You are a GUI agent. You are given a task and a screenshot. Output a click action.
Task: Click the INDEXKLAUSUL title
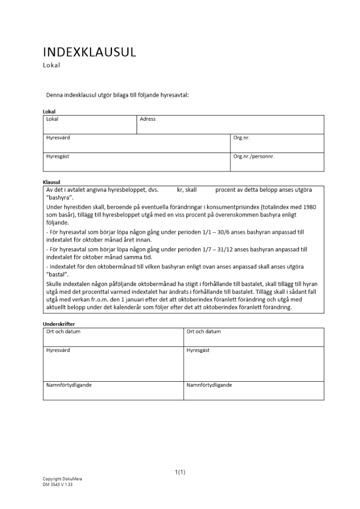coord(90,52)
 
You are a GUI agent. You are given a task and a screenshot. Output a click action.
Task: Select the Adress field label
coord(148,119)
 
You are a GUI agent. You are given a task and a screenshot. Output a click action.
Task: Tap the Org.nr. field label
coord(241,138)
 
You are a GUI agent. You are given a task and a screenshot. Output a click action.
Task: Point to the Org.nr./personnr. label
coord(254,157)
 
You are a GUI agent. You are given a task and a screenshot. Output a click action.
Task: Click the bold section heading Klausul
coord(51,182)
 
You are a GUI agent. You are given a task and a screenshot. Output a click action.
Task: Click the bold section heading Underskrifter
coord(59,324)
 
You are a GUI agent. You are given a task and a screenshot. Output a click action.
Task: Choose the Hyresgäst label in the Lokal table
coord(58,157)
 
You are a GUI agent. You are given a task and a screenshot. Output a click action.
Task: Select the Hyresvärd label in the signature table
coord(58,351)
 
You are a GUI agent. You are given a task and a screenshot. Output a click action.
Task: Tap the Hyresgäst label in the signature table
coord(198,351)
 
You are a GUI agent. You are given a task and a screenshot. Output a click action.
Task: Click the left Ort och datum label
coord(63,332)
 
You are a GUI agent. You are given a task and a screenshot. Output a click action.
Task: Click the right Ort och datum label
coord(204,332)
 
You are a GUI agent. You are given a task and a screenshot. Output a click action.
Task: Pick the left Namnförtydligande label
coord(69,385)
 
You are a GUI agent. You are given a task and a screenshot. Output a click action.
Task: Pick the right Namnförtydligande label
coord(209,385)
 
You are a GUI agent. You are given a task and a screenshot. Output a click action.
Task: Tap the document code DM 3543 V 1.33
coord(58,485)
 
